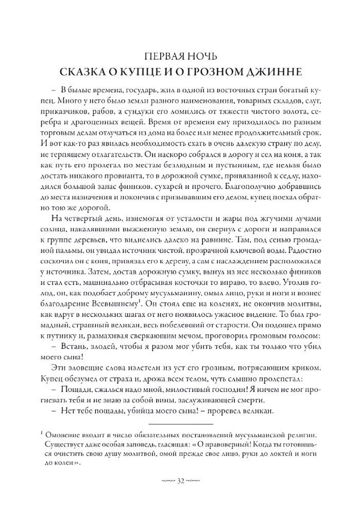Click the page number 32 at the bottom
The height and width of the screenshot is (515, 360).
pyautogui.click(x=180, y=482)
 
